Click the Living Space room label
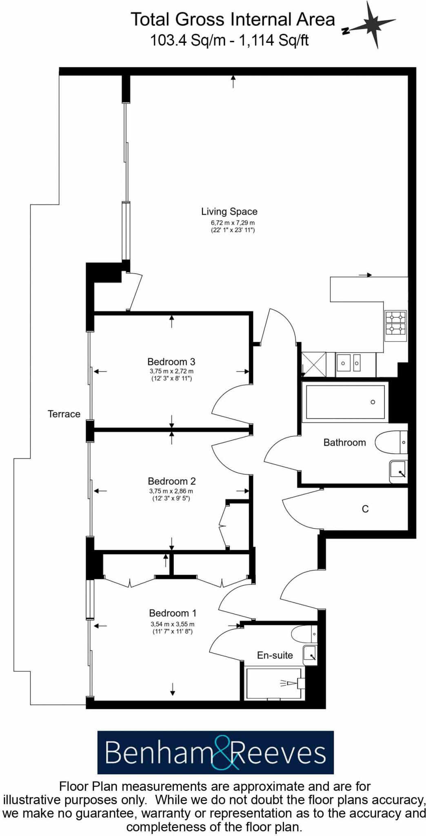point(229,211)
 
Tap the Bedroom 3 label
point(171,362)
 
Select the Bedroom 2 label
point(171,481)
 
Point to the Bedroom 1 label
point(173,613)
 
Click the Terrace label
point(64,414)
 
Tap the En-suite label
point(275,655)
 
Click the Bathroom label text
point(344,442)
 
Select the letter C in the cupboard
point(365,509)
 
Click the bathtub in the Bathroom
point(345,402)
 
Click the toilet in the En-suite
point(303,634)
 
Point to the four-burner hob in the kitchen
point(395,322)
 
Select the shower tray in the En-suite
point(273,683)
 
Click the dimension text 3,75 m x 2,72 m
point(171,371)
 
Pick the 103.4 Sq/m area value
point(188,40)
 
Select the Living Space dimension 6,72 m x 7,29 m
point(233,223)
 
